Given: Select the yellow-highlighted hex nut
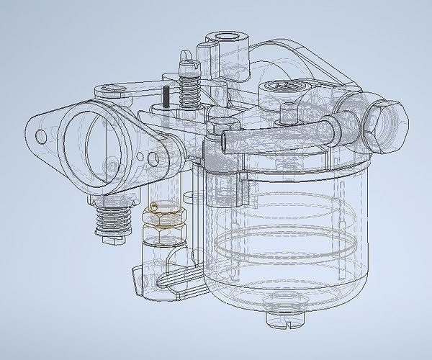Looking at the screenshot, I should coord(166,215).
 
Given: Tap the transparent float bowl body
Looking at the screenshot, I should coord(288,230).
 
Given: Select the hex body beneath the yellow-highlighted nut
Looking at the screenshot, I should coord(165,234).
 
